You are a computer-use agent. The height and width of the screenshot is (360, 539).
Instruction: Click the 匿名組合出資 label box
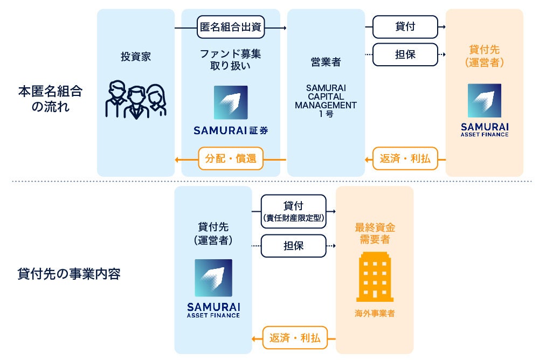230,27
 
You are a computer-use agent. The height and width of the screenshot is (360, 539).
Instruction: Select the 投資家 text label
136,56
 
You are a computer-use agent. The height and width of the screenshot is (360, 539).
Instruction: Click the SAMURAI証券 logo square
230,102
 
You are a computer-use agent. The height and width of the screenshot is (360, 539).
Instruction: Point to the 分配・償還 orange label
230,159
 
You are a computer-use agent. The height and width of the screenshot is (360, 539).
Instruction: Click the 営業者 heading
326,62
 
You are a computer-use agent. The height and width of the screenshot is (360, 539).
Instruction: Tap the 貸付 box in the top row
405,26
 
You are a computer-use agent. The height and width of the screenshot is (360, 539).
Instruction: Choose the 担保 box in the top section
405,54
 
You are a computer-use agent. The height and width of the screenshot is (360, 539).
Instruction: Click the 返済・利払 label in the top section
405,159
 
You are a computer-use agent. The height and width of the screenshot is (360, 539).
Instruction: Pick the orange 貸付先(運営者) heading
484,56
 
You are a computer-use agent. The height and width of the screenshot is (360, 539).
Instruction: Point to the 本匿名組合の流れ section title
50,98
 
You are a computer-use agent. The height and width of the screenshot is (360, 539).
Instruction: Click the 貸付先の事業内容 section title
68,274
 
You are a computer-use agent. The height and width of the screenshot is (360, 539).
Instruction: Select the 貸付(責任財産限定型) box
293,211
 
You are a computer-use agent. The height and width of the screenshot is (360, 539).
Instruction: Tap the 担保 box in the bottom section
293,245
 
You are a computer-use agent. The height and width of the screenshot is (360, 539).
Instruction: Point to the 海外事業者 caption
375,313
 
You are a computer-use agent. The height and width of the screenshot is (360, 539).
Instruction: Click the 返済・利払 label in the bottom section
294,338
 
